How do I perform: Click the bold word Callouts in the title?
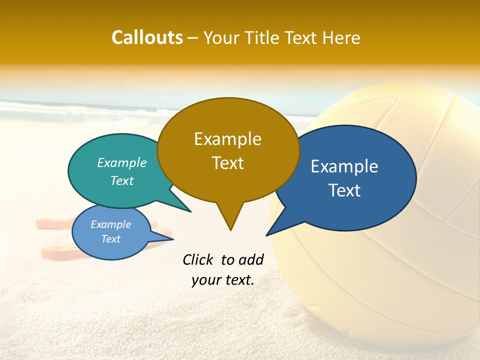[x=147, y=37]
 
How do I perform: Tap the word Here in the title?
[x=342, y=37]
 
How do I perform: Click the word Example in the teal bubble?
[x=122, y=162]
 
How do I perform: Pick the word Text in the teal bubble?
[x=122, y=180]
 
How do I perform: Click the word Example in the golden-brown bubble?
[x=227, y=139]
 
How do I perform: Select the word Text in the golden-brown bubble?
[x=227, y=163]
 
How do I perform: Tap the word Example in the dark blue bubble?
[x=344, y=166]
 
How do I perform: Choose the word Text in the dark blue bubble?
[x=344, y=190]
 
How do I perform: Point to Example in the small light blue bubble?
[x=111, y=224]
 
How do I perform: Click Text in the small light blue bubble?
[x=111, y=239]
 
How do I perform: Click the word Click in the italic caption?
[x=198, y=259]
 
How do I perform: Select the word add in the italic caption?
[x=251, y=259]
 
